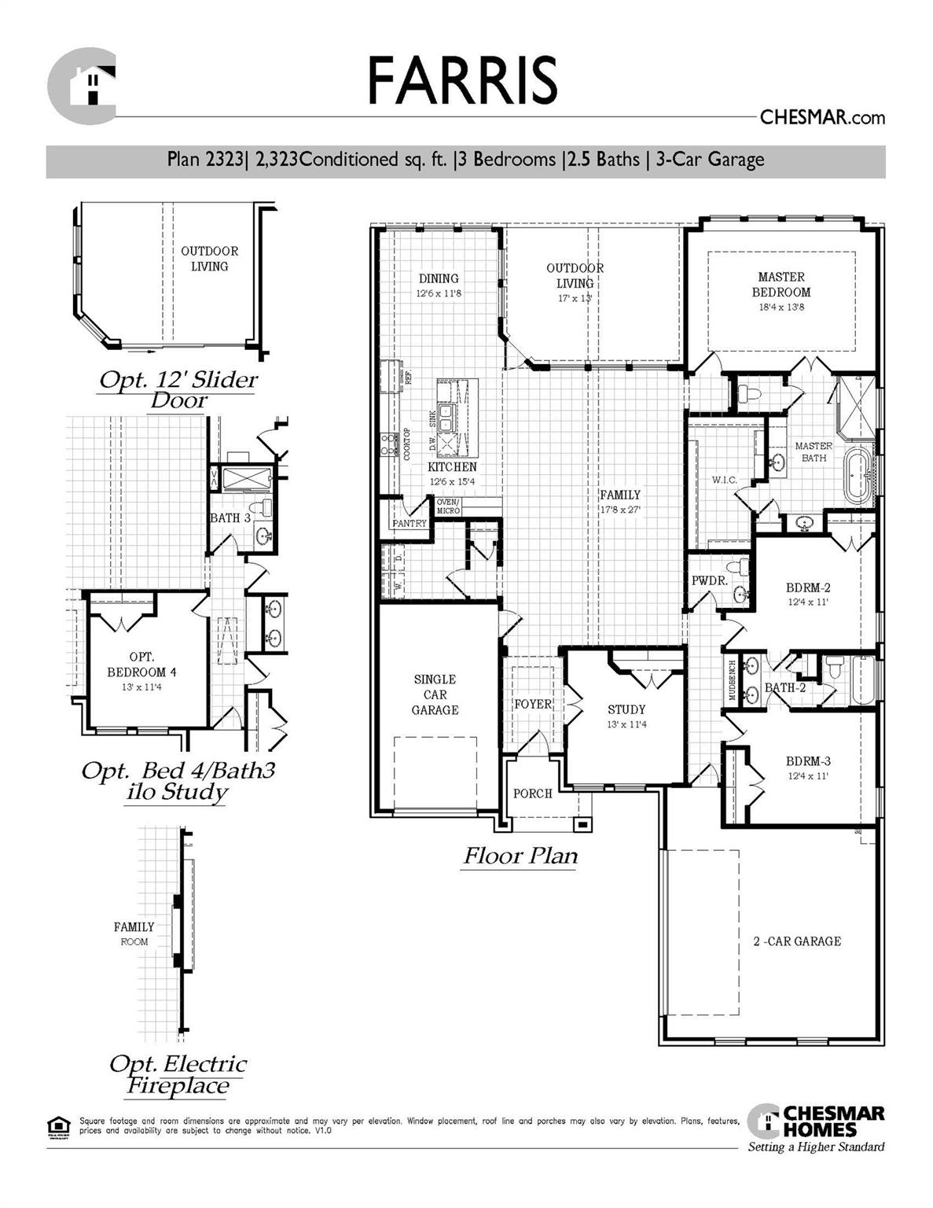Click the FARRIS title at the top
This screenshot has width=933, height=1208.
point(462,80)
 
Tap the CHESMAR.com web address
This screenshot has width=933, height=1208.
point(821,118)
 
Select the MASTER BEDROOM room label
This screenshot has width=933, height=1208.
point(781,285)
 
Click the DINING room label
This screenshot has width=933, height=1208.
point(438,278)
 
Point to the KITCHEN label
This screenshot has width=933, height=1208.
point(452,467)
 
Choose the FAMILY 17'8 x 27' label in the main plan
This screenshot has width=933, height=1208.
point(620,501)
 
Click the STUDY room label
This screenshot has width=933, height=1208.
point(626,709)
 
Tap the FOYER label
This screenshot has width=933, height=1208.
point(533,704)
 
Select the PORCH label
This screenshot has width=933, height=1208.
point(533,794)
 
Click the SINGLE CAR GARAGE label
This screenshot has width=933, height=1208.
point(435,694)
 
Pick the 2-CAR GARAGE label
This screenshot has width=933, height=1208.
point(796,941)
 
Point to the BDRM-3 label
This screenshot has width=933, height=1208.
point(808,761)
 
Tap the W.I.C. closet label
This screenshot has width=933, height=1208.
point(723,480)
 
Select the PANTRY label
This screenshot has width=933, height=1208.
point(409,523)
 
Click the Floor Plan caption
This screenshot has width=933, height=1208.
point(520,856)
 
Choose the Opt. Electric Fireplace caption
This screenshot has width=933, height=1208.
point(178,1075)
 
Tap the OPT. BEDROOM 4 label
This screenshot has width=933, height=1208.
point(141,665)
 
